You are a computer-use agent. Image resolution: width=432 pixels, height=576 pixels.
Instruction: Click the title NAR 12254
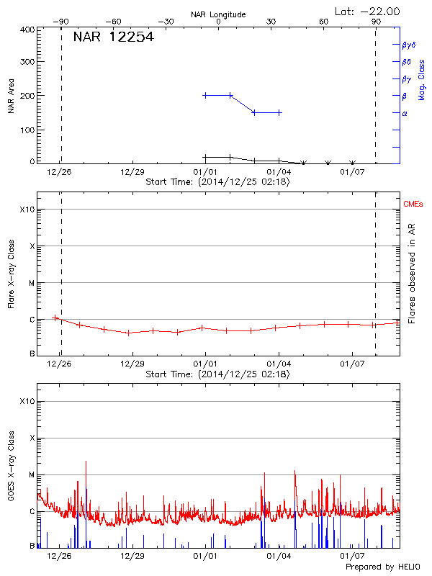[113, 37]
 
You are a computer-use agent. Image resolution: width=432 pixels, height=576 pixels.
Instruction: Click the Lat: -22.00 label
[368, 11]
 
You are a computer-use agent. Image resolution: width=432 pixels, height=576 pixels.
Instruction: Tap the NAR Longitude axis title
[218, 14]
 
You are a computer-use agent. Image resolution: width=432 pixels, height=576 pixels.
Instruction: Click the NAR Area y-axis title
[11, 96]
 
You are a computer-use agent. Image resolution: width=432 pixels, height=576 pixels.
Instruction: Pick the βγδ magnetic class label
[408, 45]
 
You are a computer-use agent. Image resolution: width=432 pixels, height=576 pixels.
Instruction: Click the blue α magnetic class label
[405, 113]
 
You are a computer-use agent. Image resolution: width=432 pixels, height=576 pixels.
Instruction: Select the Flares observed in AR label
[412, 274]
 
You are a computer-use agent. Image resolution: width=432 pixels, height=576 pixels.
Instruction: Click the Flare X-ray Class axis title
[11, 274]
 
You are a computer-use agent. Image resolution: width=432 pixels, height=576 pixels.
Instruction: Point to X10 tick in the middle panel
[27, 210]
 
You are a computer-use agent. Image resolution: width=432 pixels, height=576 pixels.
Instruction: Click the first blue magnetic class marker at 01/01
[206, 95]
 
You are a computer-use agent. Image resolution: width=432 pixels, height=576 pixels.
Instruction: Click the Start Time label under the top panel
[217, 182]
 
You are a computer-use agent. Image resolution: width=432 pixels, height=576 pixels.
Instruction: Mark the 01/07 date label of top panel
[352, 172]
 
